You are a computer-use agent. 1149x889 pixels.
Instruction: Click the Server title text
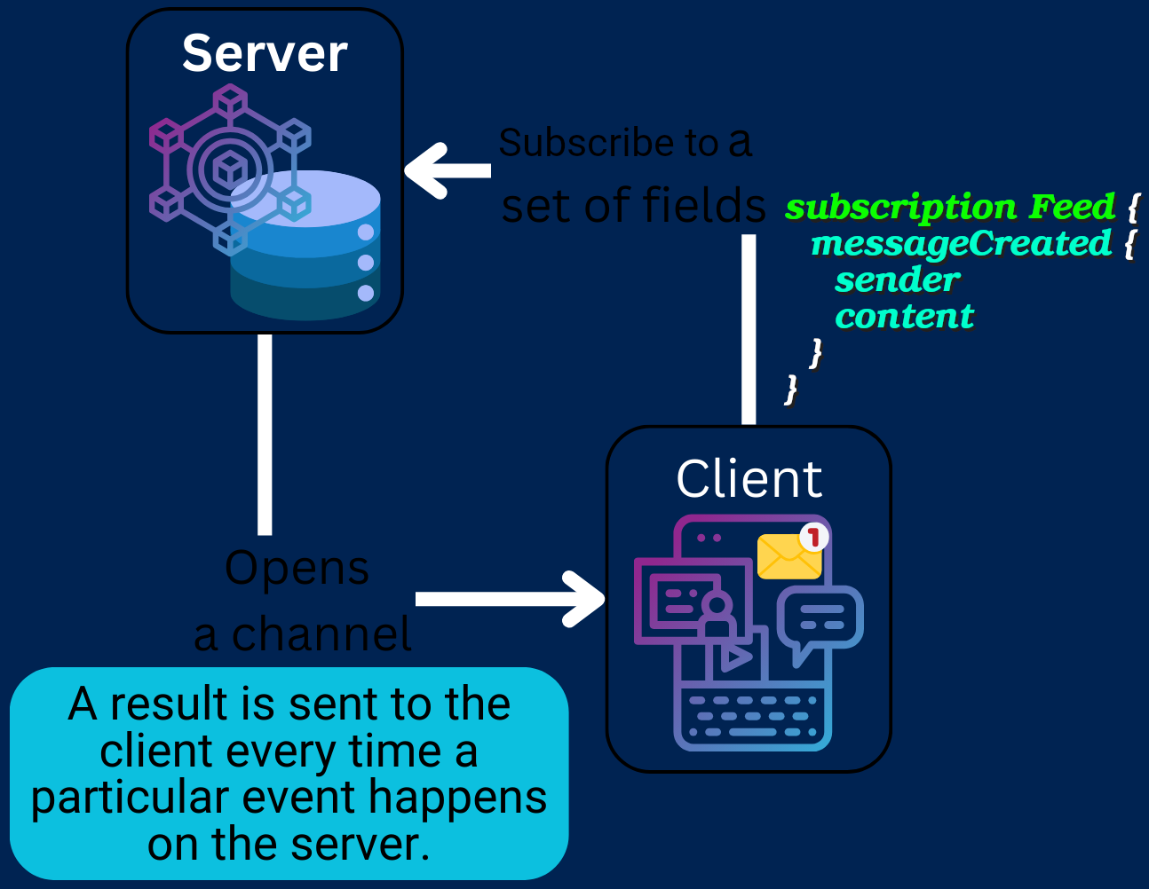pos(264,53)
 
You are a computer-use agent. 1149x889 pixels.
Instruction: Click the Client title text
pos(749,479)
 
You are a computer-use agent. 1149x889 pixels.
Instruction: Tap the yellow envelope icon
pos(788,557)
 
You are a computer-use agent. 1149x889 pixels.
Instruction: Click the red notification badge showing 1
pos(813,537)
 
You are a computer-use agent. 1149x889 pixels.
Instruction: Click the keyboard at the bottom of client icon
pos(753,716)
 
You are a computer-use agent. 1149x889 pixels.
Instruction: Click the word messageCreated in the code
pos(961,243)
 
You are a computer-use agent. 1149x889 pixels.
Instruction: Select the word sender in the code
pos(897,279)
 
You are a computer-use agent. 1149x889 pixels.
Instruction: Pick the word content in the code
pos(904,316)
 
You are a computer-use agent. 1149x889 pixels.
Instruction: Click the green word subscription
pos(900,207)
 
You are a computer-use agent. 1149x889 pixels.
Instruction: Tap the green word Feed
pos(1071,207)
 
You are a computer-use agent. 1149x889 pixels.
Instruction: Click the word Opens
pos(297,569)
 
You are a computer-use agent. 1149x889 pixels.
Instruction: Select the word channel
pos(321,634)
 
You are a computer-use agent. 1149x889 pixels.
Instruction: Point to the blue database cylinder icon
pos(306,248)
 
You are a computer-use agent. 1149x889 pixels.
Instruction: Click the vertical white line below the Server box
pos(265,435)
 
